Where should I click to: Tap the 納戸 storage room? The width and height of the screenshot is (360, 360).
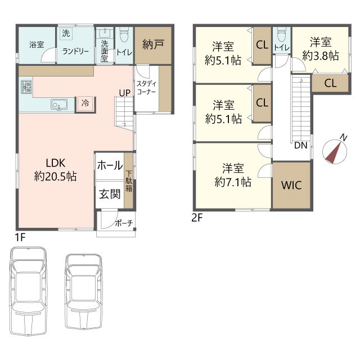tap(153, 46)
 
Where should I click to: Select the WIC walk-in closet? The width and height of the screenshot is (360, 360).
tap(291, 185)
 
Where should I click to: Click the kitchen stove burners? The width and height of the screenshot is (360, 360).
tap(26, 87)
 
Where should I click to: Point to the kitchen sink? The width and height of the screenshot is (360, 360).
tap(59, 105)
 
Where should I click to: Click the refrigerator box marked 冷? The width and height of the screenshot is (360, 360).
tap(85, 103)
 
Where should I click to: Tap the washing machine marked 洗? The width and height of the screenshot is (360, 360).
tap(66, 34)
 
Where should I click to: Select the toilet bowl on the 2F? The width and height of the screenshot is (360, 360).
tap(282, 35)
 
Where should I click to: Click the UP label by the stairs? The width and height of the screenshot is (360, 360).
tap(125, 93)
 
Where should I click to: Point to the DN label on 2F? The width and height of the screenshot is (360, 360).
tap(301, 145)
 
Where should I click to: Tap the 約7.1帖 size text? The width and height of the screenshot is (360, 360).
tap(233, 182)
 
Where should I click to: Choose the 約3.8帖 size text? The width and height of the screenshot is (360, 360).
tap(321, 56)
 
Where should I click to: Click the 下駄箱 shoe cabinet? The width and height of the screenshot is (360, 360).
tap(129, 181)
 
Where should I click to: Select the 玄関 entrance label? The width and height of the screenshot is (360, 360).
tap(110, 195)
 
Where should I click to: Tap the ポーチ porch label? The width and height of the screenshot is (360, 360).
tap(124, 223)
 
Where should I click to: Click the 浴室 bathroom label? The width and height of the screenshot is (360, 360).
tap(37, 44)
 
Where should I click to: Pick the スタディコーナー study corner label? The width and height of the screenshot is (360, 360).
tap(146, 88)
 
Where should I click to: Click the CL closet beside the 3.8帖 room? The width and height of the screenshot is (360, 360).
tap(330, 83)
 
